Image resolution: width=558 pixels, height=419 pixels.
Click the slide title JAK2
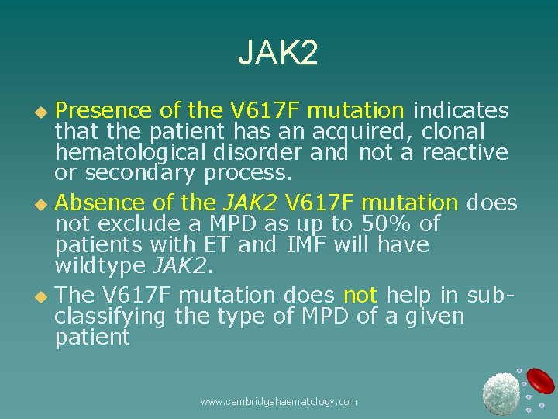[277, 54]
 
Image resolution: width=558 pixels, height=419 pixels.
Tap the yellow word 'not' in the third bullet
[360, 296]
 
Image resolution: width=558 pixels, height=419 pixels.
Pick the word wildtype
[100, 266]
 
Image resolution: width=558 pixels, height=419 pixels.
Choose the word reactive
[464, 153]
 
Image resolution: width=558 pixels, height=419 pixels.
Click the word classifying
[110, 317]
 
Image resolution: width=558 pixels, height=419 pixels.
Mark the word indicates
[462, 111]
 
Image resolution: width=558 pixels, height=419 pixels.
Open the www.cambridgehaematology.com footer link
[278, 401]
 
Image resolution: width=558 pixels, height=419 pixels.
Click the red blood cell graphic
[541, 381]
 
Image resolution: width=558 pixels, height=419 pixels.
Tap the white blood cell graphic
[501, 393]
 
